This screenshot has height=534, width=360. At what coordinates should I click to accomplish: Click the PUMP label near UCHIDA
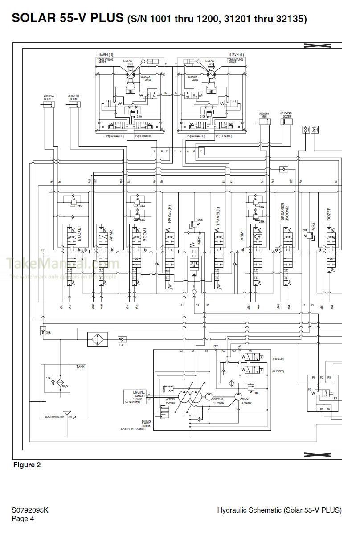pyautogui.click(x=146, y=420)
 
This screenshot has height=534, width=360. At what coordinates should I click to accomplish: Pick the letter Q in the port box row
pyautogui.click(x=194, y=151)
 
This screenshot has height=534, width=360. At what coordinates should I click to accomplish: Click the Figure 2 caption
pyautogui.click(x=27, y=465)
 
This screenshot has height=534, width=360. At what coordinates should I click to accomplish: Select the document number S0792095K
pyautogui.click(x=30, y=510)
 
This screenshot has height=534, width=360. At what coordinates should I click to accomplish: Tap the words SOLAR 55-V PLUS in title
pyautogui.click(x=68, y=18)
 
